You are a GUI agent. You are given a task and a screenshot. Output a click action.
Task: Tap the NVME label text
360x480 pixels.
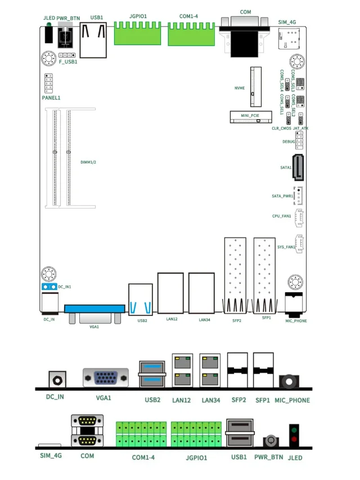point(239,88)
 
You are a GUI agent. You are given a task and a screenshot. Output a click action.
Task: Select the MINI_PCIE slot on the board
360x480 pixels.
point(250,117)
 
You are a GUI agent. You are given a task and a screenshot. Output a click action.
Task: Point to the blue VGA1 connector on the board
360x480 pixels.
point(94,309)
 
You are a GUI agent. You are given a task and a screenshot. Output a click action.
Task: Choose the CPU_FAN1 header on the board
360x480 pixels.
point(299,216)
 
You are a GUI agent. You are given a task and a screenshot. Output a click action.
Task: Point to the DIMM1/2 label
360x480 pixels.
point(89,162)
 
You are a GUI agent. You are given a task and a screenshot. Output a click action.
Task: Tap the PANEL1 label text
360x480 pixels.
point(51,98)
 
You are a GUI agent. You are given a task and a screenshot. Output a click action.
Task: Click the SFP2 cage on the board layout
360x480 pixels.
point(236,275)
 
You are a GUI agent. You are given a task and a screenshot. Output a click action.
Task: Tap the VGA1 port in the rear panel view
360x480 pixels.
point(105,378)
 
